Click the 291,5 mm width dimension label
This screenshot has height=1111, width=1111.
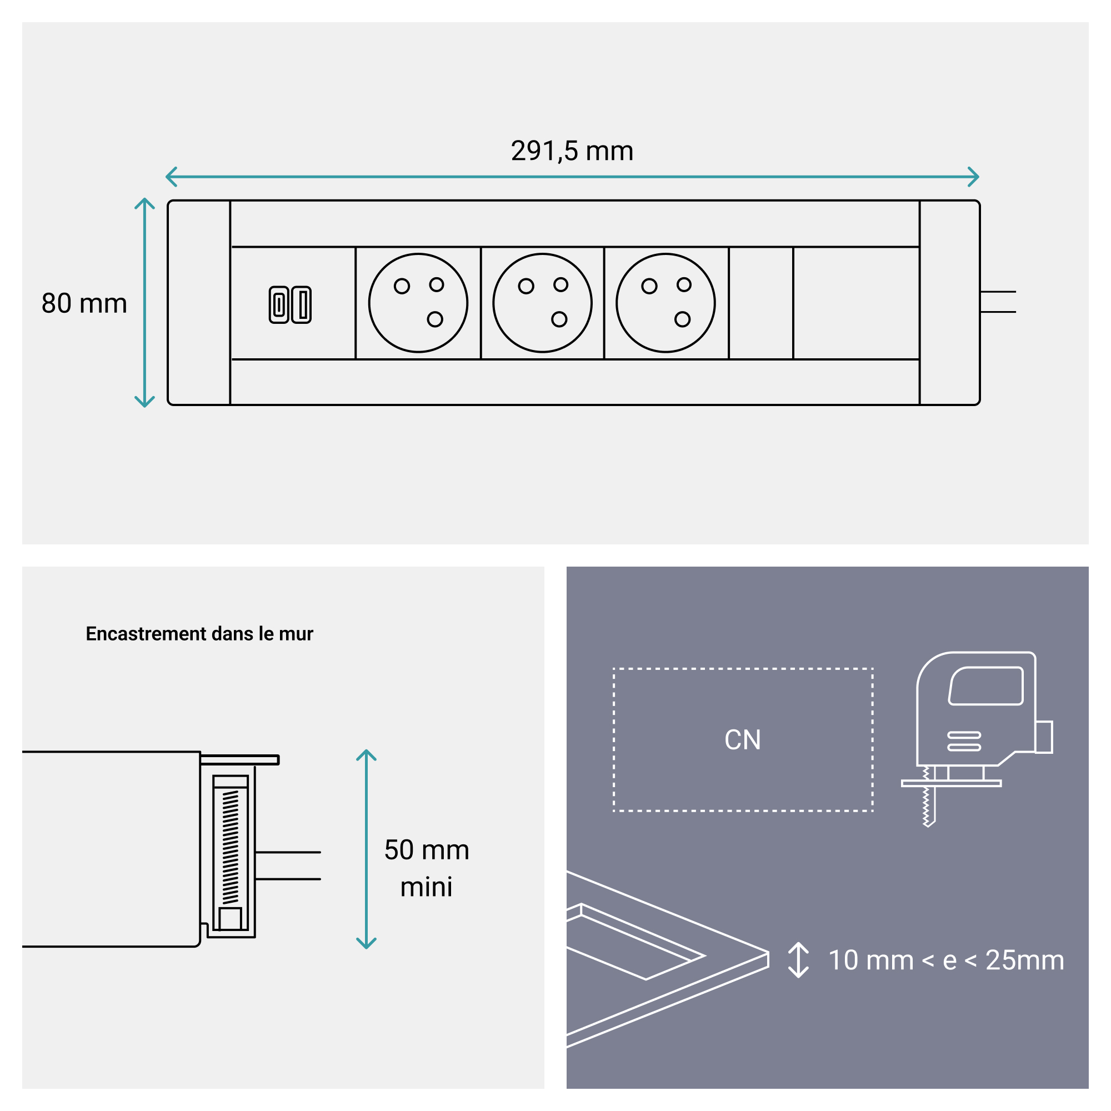(572, 151)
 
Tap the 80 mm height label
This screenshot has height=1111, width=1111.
(84, 303)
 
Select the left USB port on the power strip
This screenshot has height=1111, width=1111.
(279, 304)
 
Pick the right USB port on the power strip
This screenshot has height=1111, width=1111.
(301, 304)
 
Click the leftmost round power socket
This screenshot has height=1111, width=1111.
(418, 303)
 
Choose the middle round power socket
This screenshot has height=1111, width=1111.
(542, 303)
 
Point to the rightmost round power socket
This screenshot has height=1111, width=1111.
(665, 303)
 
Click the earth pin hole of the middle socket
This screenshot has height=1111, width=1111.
(559, 319)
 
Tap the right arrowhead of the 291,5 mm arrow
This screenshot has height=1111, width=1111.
(974, 177)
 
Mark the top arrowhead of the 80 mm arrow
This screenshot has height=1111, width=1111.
(144, 203)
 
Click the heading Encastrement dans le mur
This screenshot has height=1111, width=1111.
(199, 633)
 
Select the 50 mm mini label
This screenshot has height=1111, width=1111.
(426, 868)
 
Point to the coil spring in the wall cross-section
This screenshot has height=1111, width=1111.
(230, 846)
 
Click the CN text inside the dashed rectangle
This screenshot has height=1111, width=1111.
(742, 739)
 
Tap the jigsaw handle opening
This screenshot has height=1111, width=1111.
(985, 685)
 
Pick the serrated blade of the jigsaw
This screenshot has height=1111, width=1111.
(927, 800)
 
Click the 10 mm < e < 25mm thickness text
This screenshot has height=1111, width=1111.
(945, 960)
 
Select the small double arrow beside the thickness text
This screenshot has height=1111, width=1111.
(798, 960)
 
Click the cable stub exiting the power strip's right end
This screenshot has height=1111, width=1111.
(998, 302)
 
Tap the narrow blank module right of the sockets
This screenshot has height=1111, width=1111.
(761, 303)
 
